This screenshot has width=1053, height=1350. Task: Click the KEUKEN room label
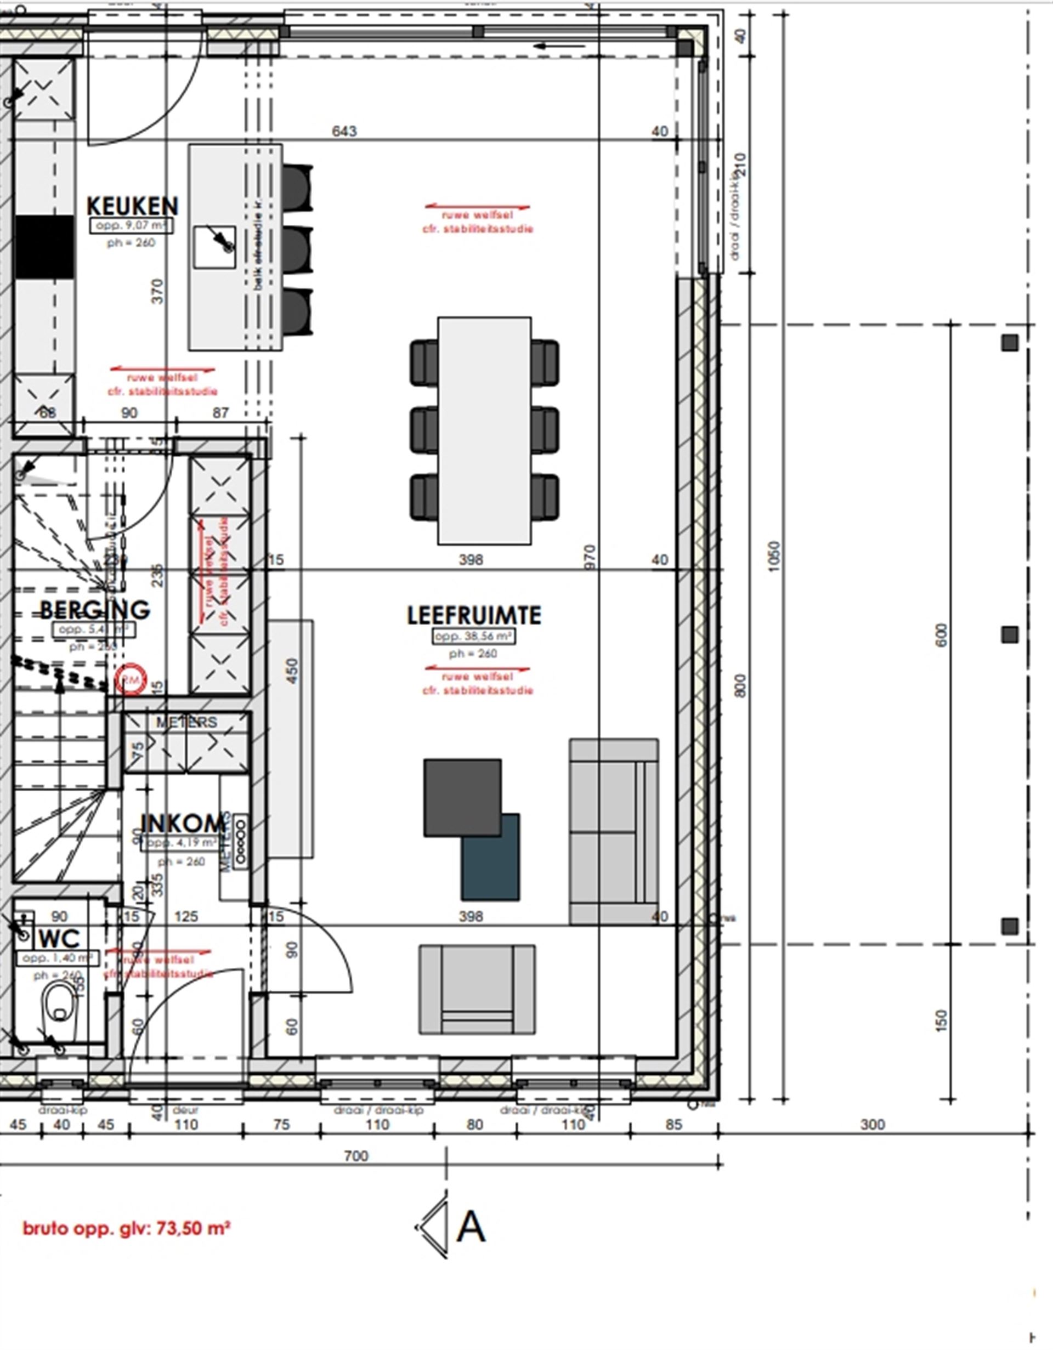click(x=132, y=206)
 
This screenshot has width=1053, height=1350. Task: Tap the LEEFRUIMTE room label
click(x=474, y=615)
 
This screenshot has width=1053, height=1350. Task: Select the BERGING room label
click(x=94, y=610)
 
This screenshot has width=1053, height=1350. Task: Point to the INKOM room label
click(x=183, y=824)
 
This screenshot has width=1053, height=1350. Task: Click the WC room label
click(x=59, y=938)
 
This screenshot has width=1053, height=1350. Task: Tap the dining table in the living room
click(x=484, y=431)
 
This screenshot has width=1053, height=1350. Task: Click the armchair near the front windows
click(x=477, y=989)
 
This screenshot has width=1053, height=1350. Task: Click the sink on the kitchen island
click(x=214, y=247)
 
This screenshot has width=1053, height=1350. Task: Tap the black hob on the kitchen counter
click(x=44, y=247)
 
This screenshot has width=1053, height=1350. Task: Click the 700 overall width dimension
click(x=355, y=1155)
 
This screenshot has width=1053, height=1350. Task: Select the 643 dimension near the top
click(x=344, y=131)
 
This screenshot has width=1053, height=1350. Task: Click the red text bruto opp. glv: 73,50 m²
click(x=126, y=1228)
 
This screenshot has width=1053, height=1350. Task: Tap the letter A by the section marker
click(x=471, y=1228)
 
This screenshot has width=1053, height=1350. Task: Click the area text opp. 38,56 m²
click(x=474, y=636)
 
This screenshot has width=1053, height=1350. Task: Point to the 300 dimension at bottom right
click(x=873, y=1124)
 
